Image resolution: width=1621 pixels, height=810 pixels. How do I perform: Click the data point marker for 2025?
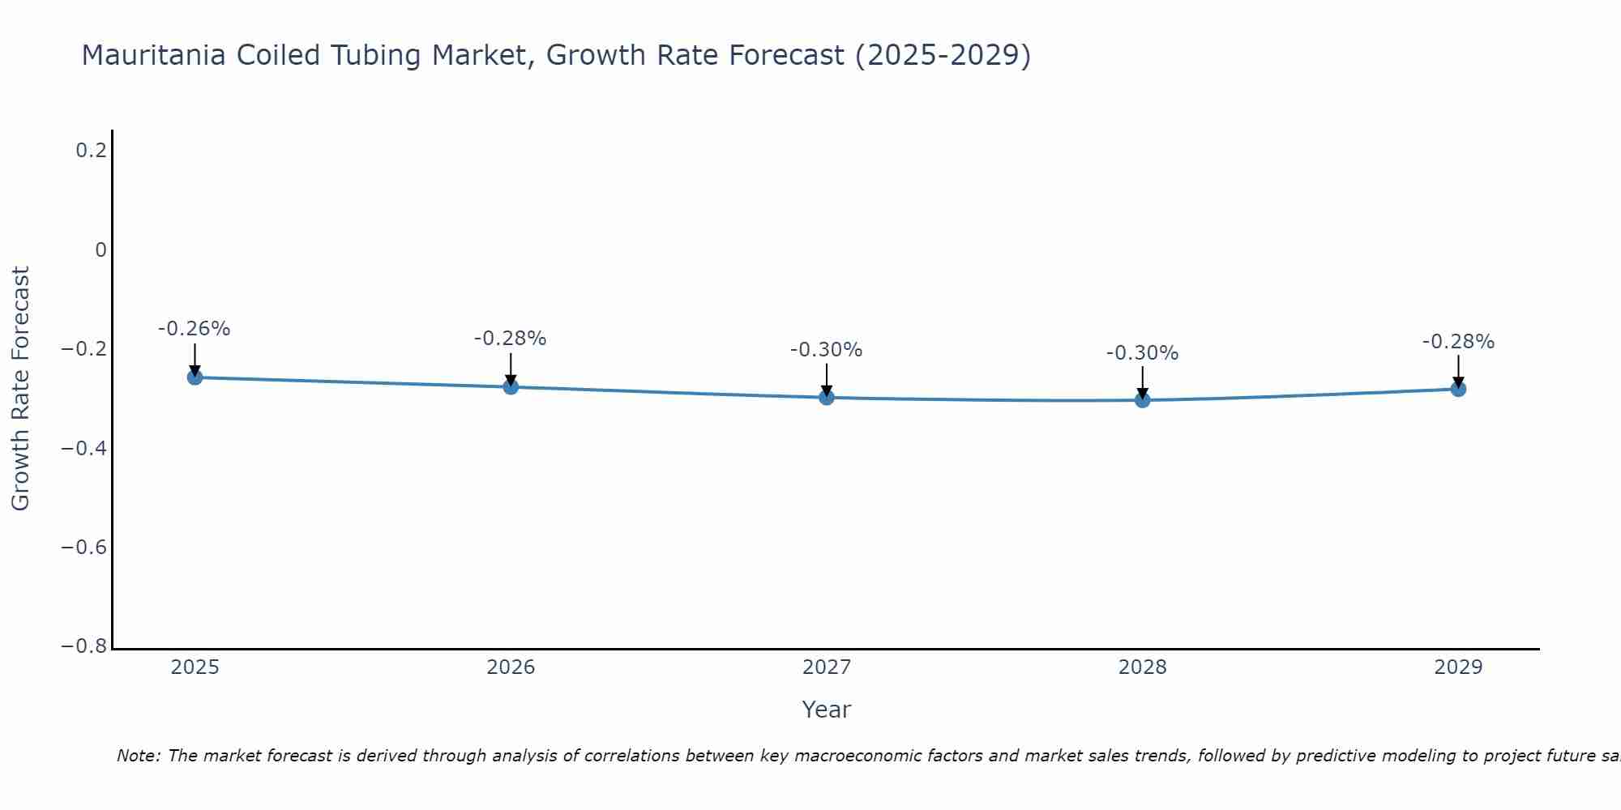[195, 377]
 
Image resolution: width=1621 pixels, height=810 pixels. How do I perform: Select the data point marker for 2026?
[511, 387]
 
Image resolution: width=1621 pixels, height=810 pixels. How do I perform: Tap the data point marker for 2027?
[827, 398]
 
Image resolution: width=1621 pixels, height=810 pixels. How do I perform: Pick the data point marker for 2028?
[1143, 400]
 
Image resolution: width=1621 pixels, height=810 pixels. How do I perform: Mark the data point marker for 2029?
[1458, 389]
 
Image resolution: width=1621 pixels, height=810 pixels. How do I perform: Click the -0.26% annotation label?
[195, 329]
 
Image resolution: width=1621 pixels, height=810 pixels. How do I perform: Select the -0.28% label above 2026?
[511, 339]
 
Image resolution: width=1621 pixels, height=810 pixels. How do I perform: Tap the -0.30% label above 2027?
[827, 350]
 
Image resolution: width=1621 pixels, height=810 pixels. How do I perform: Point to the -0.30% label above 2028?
[1143, 353]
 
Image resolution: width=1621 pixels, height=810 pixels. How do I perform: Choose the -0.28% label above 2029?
[1458, 342]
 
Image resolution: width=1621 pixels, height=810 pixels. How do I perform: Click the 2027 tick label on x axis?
[827, 667]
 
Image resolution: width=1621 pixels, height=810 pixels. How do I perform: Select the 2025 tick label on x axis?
[195, 667]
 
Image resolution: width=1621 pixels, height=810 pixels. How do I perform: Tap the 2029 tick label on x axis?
[1458, 667]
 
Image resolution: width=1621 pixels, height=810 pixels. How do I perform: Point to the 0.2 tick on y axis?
[92, 151]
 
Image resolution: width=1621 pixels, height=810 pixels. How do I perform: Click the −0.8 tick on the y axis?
[84, 646]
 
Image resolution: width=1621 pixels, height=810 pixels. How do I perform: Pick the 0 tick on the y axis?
[101, 250]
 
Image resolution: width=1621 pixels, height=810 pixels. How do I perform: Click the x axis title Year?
[827, 710]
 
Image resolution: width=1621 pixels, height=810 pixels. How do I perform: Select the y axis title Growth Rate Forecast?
[21, 389]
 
